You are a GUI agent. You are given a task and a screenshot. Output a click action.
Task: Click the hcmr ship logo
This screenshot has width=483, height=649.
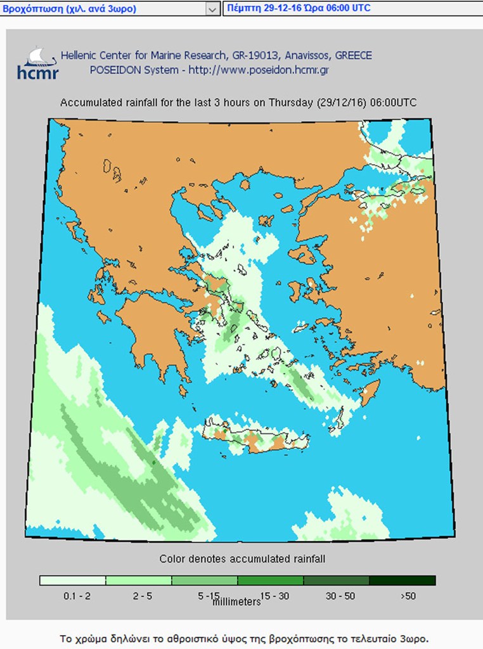coord(37,62)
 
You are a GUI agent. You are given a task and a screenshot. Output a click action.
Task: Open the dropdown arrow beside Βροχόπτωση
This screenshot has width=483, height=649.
coord(212,9)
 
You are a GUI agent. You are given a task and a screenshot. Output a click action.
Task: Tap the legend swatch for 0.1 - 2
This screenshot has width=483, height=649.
coord(72,581)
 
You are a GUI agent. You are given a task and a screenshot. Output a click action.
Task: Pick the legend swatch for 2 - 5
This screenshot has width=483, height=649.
coord(138,581)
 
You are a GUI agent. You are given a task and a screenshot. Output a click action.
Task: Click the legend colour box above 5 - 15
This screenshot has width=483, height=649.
coord(204,581)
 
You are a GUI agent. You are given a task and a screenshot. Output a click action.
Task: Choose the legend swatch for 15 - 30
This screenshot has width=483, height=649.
coord(271,581)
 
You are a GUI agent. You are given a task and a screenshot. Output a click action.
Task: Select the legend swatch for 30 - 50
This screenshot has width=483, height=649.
coord(337,581)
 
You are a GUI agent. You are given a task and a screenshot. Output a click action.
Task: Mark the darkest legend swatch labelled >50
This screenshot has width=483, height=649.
coord(402,581)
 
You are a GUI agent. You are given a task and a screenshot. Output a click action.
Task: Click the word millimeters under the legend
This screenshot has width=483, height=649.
coord(236,601)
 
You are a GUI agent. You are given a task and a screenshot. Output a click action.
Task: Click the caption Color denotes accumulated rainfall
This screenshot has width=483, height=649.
coord(242,559)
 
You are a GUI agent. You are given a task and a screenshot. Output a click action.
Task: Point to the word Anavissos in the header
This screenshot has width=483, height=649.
coord(299,56)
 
